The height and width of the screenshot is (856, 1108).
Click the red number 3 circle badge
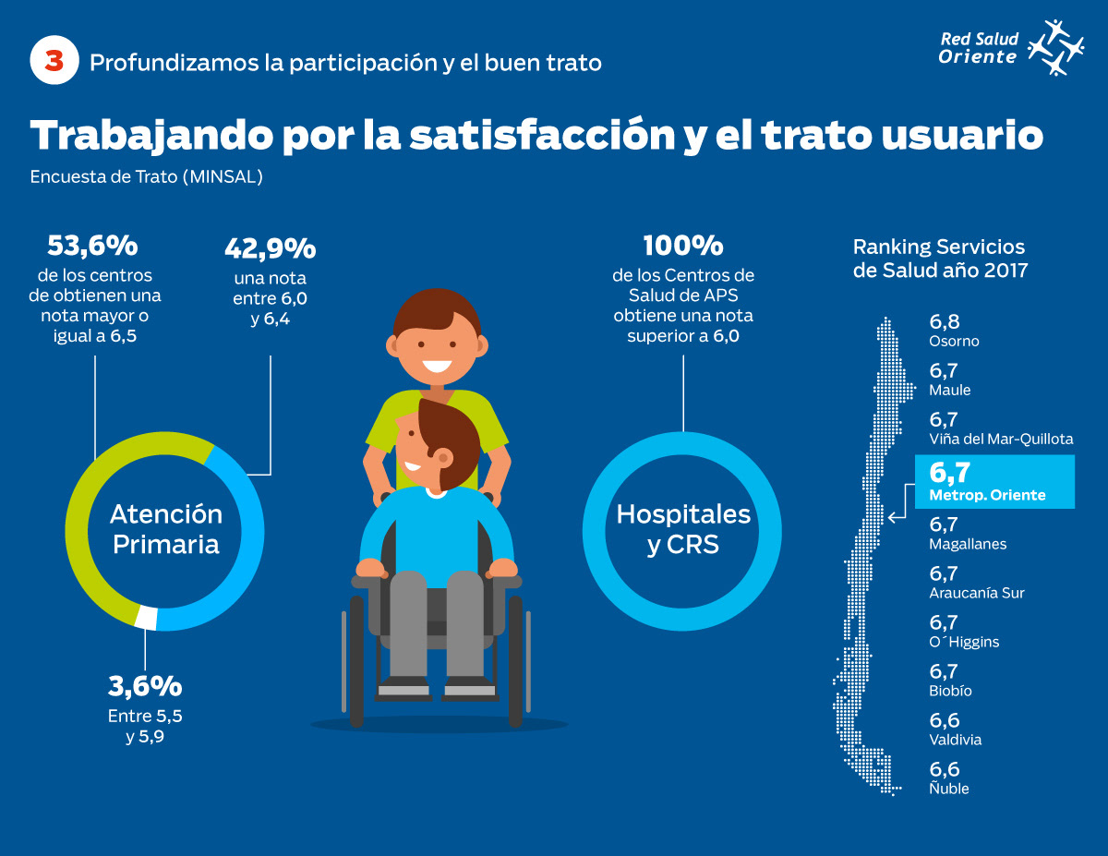(53, 62)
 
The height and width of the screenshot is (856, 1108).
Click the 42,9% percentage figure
(270, 248)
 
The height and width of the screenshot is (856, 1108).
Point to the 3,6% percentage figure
(145, 686)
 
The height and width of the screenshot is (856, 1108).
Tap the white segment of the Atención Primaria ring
(146, 617)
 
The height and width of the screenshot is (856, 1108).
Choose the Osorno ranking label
(954, 341)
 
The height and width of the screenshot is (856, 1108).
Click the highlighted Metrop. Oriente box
(994, 481)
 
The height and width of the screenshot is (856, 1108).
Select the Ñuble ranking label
(949, 789)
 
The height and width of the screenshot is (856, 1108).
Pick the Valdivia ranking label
(955, 740)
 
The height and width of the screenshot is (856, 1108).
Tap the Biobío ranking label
(951, 691)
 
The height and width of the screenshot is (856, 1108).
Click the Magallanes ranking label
(968, 544)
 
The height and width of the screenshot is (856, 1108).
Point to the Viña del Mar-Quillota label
(1001, 439)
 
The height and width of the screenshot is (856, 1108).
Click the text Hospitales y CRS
(683, 528)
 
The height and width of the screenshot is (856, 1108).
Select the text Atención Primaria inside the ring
(166, 528)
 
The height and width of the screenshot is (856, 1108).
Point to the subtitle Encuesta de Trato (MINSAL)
(147, 177)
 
